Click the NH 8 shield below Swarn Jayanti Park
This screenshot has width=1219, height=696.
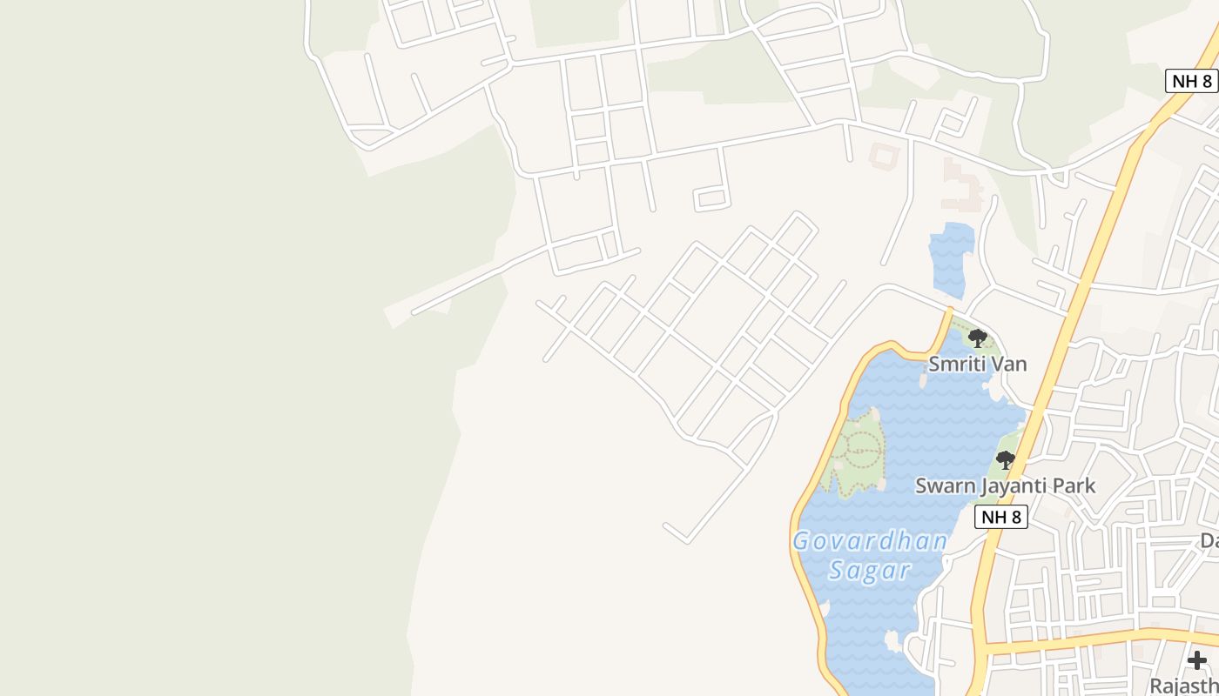[x=1000, y=517]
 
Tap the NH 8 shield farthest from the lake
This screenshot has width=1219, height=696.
[x=1191, y=81]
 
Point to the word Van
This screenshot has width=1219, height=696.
[x=1009, y=364]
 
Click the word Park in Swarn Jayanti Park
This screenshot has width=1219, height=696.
[x=1074, y=485]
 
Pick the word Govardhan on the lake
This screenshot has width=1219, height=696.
[x=869, y=541]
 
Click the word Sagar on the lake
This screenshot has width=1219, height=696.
[x=869, y=571]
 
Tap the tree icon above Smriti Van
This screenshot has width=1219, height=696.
[x=978, y=338]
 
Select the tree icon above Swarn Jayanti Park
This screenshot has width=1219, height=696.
[x=1006, y=459]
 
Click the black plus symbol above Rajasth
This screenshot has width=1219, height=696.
[x=1197, y=660]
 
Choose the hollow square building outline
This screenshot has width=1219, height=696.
[x=882, y=157]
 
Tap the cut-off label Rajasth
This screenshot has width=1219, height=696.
[x=1184, y=686]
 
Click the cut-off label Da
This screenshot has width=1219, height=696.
[x=1209, y=541]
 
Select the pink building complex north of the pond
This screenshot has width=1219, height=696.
[x=962, y=187]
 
